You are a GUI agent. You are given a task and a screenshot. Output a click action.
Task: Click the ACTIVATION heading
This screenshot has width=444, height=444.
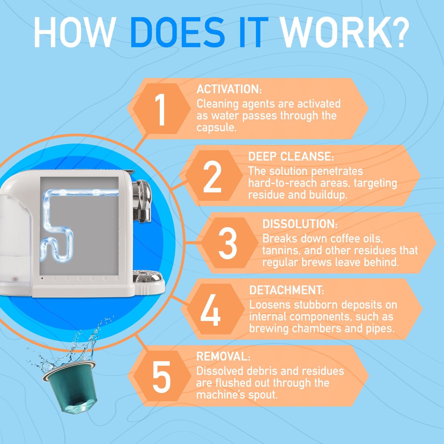coord(229,89)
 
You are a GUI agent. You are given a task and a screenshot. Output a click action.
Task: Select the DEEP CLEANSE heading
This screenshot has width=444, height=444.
coord(291,156)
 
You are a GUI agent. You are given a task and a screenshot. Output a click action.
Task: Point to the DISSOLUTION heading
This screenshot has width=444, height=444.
coord(300,224)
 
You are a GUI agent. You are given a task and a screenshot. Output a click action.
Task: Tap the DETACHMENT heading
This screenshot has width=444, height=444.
coord(287,290)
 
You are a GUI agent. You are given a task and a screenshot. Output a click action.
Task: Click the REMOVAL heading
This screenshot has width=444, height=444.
coord(223,356)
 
